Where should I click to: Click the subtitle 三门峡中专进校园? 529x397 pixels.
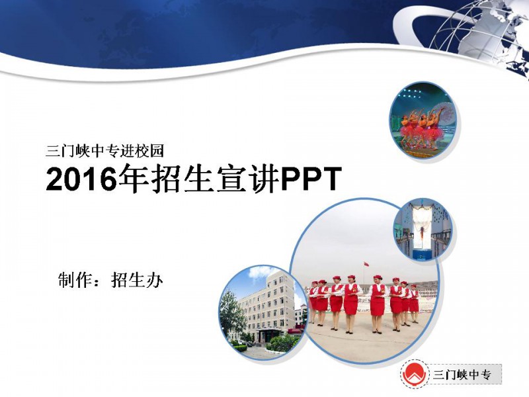coord(104,151)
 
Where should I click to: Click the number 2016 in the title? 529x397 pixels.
coord(81,179)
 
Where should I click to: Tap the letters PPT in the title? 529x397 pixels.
coord(311,179)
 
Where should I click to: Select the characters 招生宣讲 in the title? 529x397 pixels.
coord(216,179)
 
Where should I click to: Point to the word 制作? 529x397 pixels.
coord(74,280)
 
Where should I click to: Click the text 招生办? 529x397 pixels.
coord(137,280)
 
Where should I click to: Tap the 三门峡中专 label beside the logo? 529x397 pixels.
coord(462,375)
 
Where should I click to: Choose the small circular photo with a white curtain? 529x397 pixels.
coord(423,230)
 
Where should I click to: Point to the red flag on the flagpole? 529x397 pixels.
coord(365,263)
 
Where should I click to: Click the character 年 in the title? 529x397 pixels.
coord(134,179)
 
